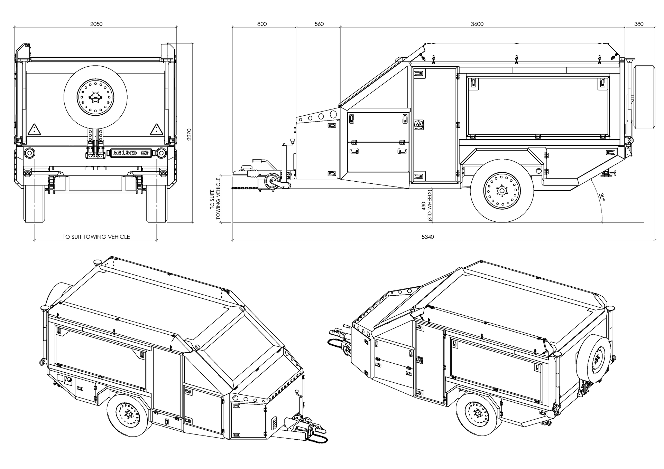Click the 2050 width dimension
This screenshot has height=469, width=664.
click(96, 24)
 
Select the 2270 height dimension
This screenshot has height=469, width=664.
click(189, 135)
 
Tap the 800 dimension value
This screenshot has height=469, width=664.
click(262, 24)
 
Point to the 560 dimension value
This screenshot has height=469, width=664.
click(319, 24)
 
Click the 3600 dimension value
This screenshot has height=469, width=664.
click(477, 24)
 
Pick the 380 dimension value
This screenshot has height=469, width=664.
click(639, 24)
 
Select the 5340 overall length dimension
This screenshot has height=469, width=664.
click(428, 237)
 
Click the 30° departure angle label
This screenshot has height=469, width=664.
click(602, 197)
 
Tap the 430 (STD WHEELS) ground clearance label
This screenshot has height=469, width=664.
click(427, 205)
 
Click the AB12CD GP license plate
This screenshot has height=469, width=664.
click(131, 153)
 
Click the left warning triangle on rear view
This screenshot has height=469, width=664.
click(35, 130)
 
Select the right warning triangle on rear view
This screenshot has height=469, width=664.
click(156, 130)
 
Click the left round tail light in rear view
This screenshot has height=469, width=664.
click(29, 153)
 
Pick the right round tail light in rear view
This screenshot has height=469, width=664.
click(161, 153)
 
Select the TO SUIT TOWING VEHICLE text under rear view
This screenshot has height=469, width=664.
click(96, 237)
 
